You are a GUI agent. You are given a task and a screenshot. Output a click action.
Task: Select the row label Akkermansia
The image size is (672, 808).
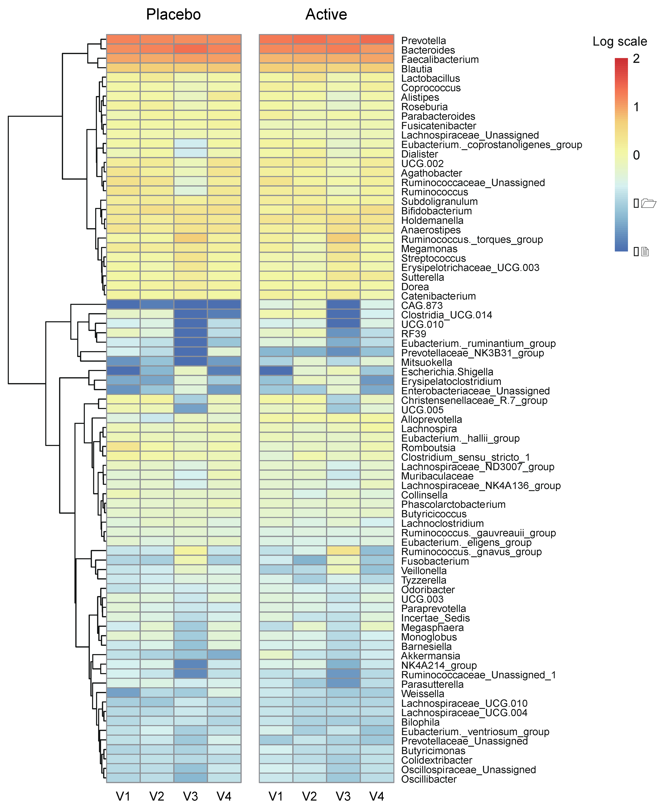click(x=430, y=656)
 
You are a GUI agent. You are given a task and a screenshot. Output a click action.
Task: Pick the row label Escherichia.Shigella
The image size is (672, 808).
click(x=447, y=372)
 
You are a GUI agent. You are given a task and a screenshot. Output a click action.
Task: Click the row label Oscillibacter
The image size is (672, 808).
click(x=429, y=779)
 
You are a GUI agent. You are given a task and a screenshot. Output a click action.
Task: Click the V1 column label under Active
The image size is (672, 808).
click(x=276, y=796)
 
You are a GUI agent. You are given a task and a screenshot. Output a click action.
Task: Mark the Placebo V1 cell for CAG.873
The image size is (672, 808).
click(x=123, y=304)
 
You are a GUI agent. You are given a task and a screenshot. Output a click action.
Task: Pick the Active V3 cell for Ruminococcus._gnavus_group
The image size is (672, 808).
click(x=343, y=551)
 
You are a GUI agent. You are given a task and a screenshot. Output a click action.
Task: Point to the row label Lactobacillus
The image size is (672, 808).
click(x=430, y=78)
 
